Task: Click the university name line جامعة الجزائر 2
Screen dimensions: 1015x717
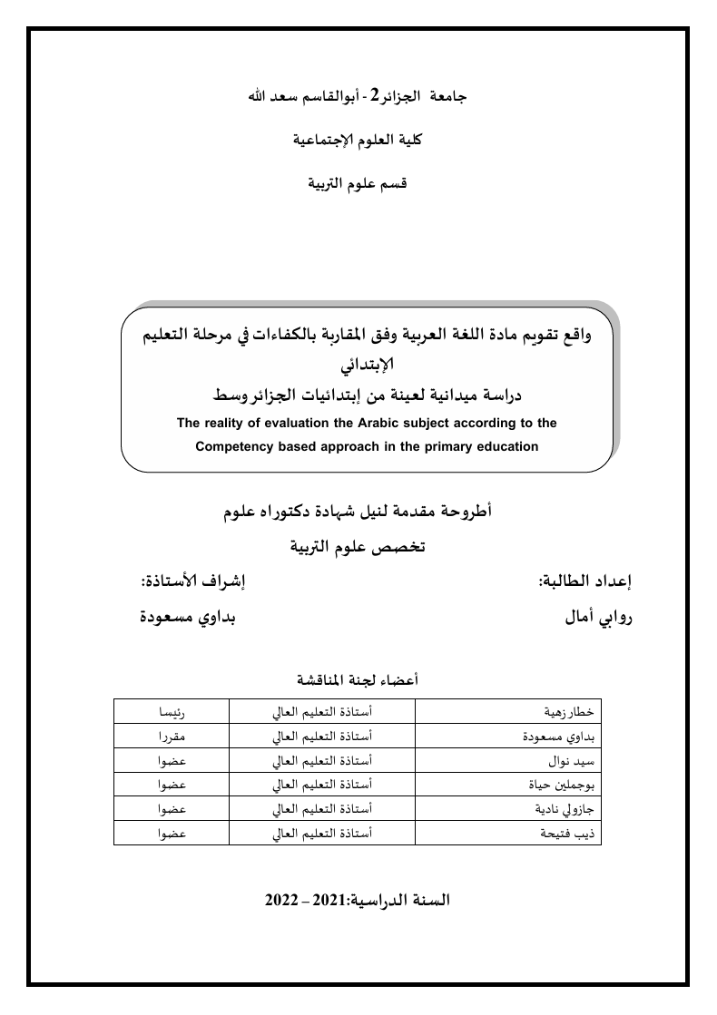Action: click(357, 96)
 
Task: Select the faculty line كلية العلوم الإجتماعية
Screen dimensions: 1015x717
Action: click(357, 140)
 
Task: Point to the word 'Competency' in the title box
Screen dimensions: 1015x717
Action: click(235, 446)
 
